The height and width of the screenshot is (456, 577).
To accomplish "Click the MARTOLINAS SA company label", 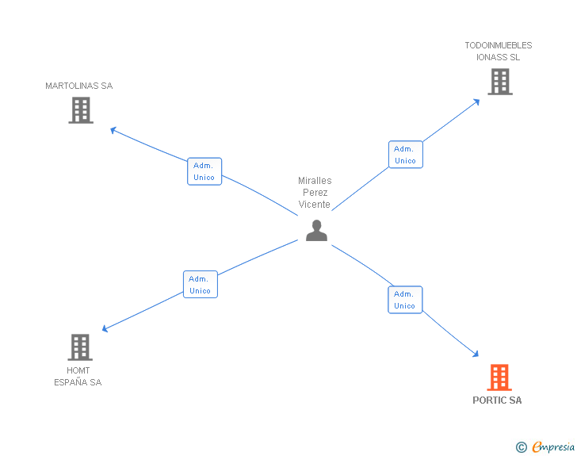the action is (78, 86).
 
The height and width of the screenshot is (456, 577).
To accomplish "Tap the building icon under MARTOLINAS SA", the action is (81, 110).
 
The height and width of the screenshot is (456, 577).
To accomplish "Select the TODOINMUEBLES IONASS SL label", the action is (499, 52).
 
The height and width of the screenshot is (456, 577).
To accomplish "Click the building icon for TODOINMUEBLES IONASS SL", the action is (500, 82).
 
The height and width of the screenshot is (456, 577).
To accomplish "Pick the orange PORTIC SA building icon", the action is (499, 377).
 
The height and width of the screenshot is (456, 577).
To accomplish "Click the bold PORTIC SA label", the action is (497, 400).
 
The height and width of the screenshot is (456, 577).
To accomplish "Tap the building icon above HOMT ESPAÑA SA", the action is (80, 347).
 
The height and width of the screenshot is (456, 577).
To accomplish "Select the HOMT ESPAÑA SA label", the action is (78, 377).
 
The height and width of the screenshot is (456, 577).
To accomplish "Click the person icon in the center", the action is (316, 231).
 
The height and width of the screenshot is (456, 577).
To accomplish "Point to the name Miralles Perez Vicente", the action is (315, 193).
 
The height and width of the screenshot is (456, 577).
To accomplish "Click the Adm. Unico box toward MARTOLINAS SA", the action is (204, 171).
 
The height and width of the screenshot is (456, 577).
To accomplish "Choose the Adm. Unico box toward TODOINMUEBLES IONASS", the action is (406, 155).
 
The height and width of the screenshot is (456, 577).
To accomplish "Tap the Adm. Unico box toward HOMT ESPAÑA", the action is (201, 285).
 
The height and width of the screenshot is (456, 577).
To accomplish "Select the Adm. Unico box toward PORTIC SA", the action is (405, 300).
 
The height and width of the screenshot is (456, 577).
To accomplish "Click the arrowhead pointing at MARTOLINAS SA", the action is (113, 129).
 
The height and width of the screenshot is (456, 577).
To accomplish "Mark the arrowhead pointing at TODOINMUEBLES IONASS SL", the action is (477, 102).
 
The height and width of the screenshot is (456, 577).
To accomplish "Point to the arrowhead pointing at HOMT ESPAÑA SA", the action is (105, 328).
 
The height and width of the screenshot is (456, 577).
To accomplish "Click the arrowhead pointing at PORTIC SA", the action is (476, 354).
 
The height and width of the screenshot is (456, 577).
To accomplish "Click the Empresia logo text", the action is (553, 446).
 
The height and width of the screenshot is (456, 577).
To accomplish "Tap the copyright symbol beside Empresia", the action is (522, 447).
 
